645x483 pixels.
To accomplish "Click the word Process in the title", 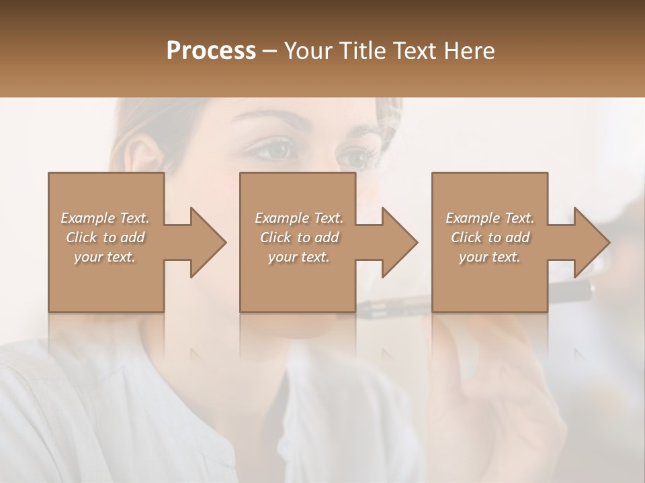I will click(211, 51).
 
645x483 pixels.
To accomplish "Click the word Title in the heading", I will click(361, 51).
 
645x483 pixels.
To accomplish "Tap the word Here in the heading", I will click(468, 51).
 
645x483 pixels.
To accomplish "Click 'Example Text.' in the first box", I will click(105, 218).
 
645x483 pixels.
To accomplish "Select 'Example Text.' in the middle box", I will click(298, 218).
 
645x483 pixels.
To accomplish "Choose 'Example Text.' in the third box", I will click(490, 218).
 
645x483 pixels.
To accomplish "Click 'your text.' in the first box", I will click(105, 257).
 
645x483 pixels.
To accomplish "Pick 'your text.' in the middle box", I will click(298, 257).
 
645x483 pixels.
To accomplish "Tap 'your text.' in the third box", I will click(490, 257).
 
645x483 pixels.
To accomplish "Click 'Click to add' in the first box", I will click(105, 237).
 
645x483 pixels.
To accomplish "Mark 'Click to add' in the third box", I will click(490, 237).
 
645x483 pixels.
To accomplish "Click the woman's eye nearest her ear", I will click(273, 150).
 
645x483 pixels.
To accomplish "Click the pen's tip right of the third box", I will click(589, 288).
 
